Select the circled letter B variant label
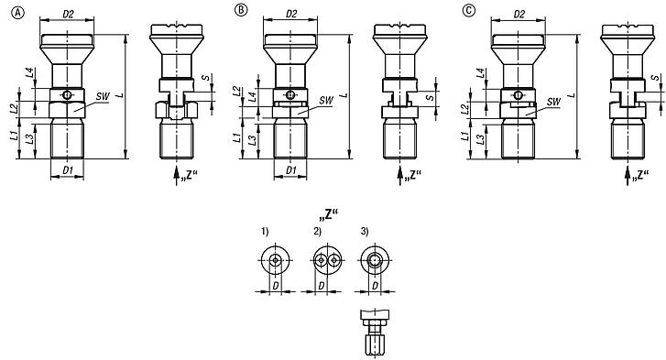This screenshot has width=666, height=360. click(241, 11)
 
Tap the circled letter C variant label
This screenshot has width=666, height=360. click(469, 11)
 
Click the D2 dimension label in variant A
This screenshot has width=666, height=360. click(68, 14)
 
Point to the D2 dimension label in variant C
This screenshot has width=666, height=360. click(518, 14)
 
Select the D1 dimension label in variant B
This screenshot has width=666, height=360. click(290, 170)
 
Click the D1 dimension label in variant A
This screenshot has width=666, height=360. click(67, 170)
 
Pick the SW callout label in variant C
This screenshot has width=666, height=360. click(552, 101)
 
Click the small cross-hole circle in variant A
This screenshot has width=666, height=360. click(66, 94)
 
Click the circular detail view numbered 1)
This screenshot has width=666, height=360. click(275, 262)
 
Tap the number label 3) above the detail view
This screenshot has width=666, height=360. click(363, 232)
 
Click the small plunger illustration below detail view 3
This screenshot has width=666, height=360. click(373, 331)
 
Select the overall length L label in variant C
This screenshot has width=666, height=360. click(570, 95)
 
